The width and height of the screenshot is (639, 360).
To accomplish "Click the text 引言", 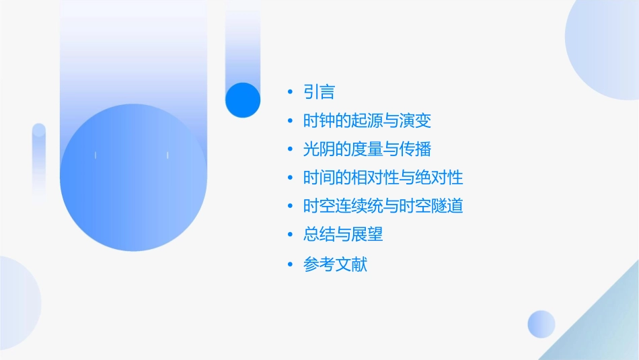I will (x=319, y=92).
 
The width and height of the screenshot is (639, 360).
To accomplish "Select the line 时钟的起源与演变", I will (x=367, y=121).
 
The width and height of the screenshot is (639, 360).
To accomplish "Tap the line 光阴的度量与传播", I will (x=367, y=149).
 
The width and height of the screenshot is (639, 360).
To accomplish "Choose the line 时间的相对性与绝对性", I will (x=383, y=178).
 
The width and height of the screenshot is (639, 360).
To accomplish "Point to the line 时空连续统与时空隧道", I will (x=383, y=206).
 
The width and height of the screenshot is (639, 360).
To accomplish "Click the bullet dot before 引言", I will (x=289, y=92).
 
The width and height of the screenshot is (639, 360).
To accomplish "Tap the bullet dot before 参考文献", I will (x=289, y=264).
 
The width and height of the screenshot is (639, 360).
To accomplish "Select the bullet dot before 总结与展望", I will (x=289, y=235).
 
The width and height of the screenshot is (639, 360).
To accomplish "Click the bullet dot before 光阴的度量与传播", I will (x=289, y=149).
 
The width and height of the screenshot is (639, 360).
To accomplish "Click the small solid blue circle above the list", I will (x=243, y=100).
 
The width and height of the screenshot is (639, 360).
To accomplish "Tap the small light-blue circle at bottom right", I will (x=541, y=324).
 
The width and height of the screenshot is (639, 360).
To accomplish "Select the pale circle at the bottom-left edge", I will (x=17, y=303).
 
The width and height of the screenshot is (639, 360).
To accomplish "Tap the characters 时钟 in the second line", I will (x=319, y=121).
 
